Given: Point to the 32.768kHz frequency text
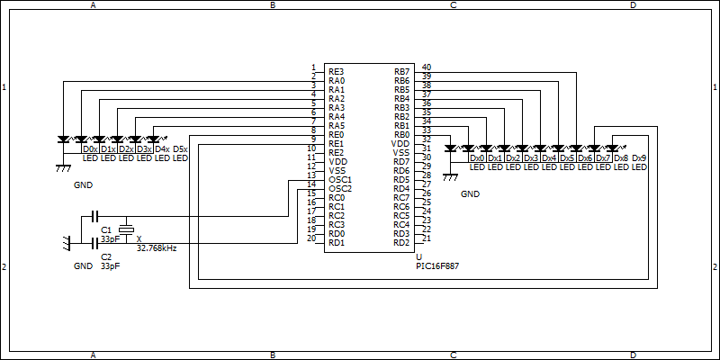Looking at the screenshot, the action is point(157,247).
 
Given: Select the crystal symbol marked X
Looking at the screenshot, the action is point(126,229).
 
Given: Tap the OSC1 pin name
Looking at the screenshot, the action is point(340,179).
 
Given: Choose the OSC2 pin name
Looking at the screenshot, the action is point(340,189).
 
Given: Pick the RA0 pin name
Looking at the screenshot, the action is point(337,81).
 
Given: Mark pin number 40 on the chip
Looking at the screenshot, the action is point(426,67).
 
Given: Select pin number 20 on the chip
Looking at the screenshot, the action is point(311,238).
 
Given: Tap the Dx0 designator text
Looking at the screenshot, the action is point(477,158).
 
